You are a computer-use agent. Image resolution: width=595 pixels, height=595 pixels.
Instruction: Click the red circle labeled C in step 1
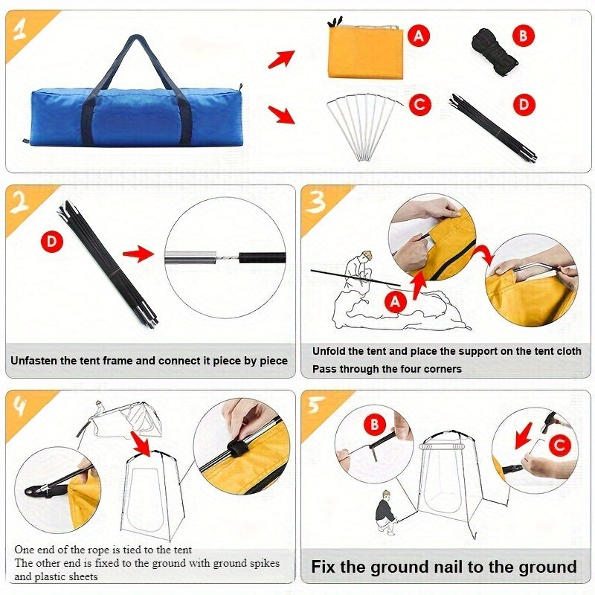420,105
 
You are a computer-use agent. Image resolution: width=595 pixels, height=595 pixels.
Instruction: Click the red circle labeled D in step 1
525,105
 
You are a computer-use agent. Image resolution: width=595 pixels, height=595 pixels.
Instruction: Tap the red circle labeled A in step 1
420,34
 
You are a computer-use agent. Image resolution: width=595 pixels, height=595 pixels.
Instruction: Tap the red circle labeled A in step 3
396,301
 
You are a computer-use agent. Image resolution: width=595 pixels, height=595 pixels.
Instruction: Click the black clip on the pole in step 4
237,449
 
